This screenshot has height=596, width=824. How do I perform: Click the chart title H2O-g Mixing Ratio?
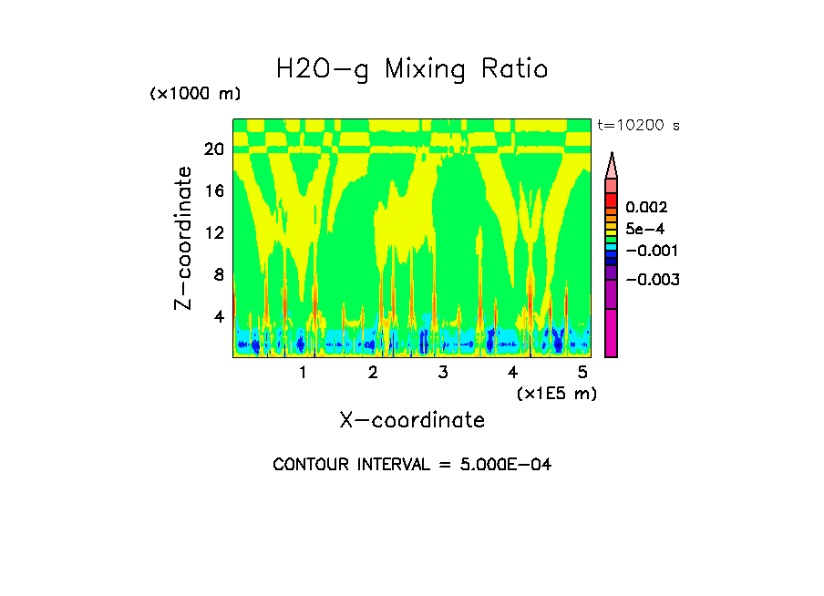pos(412,69)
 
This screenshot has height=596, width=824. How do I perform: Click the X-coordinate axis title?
pos(412,420)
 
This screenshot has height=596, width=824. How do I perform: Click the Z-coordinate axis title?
pos(184,237)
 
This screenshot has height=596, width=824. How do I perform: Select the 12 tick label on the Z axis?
pos(213,232)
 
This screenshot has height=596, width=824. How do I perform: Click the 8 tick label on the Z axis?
pos(218,274)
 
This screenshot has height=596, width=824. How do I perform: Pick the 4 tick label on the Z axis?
pos(218,316)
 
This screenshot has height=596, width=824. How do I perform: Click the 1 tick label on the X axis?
pos(303,373)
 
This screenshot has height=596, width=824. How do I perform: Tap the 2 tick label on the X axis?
pos(373,373)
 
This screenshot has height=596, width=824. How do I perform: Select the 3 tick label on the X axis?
pos(442,373)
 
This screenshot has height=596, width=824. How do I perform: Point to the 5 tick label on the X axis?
pos(582,373)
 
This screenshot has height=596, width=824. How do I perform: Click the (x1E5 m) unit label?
pos(557,393)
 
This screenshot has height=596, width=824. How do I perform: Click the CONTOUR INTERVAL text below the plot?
pos(412,465)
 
